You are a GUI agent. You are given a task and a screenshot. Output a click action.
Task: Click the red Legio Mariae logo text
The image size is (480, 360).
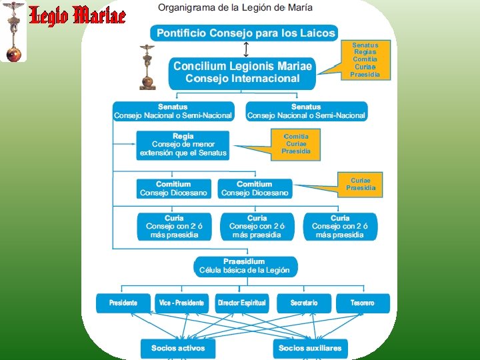click(77, 15)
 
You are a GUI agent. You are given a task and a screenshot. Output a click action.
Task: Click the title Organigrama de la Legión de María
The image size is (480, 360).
click(235, 7)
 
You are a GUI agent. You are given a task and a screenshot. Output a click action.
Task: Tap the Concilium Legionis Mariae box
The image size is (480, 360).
click(242, 72)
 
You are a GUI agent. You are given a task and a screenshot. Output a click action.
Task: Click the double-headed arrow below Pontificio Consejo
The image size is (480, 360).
click(246, 49)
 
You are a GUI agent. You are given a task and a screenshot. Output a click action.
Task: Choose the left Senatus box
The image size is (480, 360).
click(173, 111)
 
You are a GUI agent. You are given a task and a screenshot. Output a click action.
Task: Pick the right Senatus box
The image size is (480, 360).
click(306, 111)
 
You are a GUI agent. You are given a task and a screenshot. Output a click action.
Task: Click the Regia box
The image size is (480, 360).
click(183, 145)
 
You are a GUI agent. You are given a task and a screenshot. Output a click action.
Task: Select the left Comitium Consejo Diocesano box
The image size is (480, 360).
click(173, 189)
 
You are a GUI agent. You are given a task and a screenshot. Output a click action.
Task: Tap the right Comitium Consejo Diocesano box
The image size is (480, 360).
click(255, 189)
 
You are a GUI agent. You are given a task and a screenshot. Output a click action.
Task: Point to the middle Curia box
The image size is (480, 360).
click(257, 227)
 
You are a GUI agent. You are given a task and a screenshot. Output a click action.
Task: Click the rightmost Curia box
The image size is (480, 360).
click(339, 227)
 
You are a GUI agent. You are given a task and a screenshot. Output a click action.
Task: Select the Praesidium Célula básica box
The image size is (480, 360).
click(245, 266)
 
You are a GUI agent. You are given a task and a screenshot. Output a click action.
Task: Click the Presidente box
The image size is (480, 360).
click(123, 303)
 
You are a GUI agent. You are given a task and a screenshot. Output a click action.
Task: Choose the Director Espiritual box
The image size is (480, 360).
click(242, 303)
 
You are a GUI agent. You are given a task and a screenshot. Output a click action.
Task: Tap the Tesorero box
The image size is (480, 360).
click(363, 303)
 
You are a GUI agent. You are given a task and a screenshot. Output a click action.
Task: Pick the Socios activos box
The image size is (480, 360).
click(178, 348)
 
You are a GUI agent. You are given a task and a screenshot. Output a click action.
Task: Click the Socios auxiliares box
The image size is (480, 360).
click(310, 348)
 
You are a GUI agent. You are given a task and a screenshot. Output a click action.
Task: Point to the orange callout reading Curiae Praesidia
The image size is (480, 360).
click(361, 184)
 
